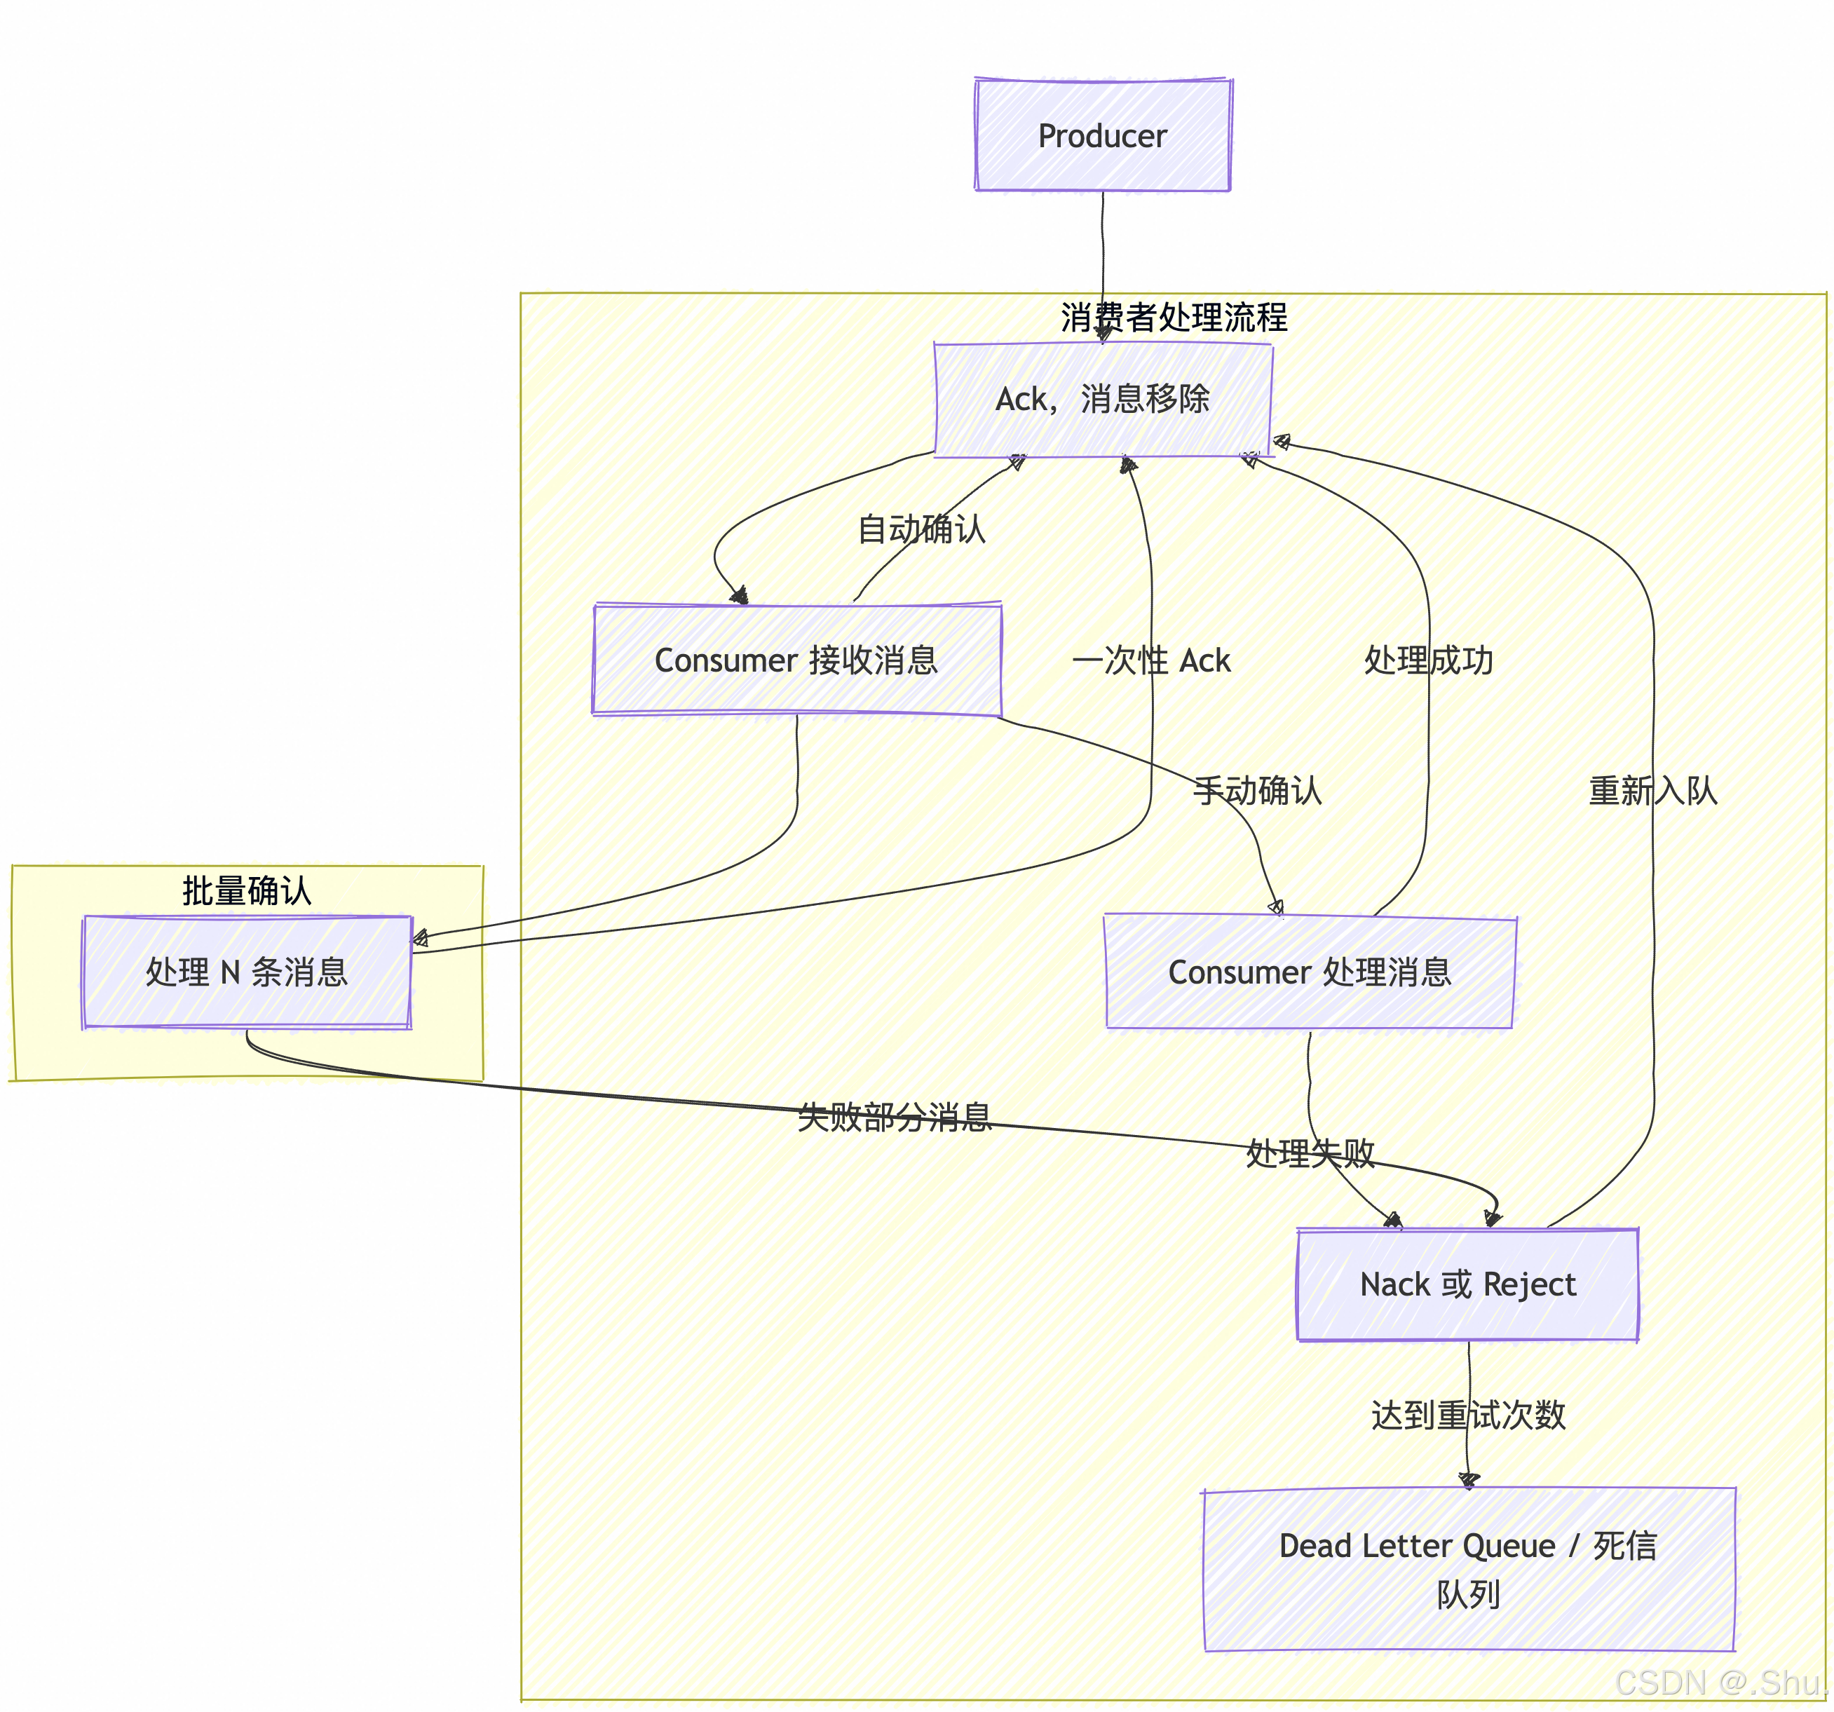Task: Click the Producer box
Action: click(x=1102, y=135)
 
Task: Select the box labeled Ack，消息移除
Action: click(x=1103, y=400)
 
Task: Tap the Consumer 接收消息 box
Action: click(x=797, y=660)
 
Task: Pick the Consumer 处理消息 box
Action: click(x=1310, y=972)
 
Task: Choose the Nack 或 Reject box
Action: click(x=1468, y=1284)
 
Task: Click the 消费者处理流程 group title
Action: click(x=1174, y=318)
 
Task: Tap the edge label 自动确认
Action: click(x=922, y=529)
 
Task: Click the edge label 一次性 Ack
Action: click(x=1151, y=660)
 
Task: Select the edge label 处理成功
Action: click(x=1428, y=660)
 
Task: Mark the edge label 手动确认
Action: click(x=1258, y=791)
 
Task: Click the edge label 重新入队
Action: click(x=1652, y=791)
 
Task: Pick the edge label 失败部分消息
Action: click(x=894, y=1117)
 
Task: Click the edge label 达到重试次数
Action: click(x=1468, y=1415)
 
